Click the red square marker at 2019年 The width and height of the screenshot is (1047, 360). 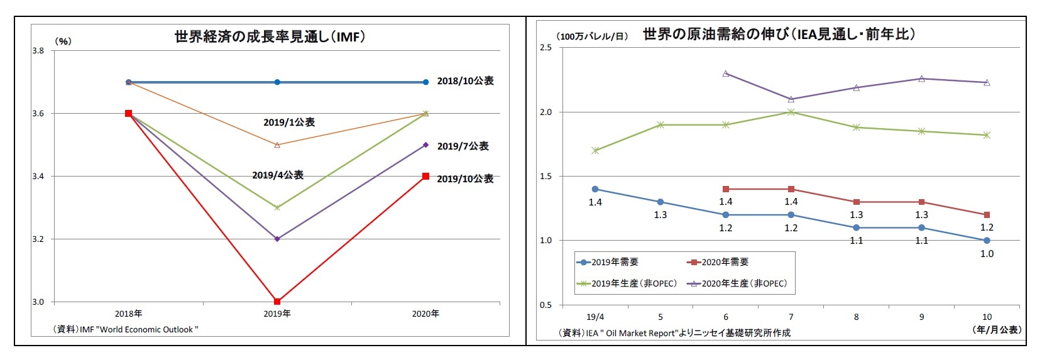tap(277, 302)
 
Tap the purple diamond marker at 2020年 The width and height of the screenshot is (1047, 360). tap(425, 145)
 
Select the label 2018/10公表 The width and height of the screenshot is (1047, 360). tap(465, 81)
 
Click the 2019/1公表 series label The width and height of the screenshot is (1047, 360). tap(289, 123)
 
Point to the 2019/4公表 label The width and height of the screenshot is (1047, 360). tap(278, 175)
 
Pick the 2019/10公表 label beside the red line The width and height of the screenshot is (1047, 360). tap(465, 179)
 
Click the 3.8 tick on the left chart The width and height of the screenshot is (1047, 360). tap(38, 51)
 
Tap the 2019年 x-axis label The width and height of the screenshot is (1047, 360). tap(277, 314)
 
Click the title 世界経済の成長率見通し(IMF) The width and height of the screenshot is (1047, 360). tap(270, 37)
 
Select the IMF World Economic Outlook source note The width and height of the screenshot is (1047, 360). tap(126, 329)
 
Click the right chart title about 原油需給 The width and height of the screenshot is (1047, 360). tap(779, 35)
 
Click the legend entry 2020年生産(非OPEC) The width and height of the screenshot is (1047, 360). tap(738, 283)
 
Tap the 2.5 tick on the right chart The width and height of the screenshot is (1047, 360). tap(545, 48)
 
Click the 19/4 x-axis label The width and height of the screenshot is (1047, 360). tap(595, 317)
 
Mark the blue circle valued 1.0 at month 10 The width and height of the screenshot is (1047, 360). tap(987, 241)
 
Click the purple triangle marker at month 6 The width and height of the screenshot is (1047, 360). tap(726, 74)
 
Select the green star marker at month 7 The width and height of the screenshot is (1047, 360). tap(791, 112)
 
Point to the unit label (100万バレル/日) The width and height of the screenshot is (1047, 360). tap(592, 36)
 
